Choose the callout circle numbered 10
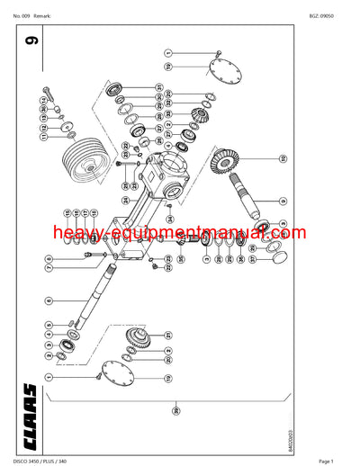pos(282,159)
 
